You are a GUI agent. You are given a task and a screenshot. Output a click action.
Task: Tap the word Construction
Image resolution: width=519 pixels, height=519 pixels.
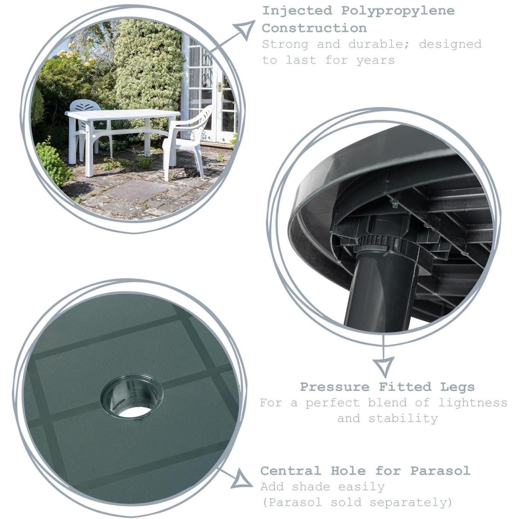pos(314,28)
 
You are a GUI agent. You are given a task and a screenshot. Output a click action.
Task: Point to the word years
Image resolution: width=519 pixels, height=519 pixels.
pos(376,60)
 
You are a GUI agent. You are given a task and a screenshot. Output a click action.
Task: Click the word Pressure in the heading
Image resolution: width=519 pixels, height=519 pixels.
pos(334,387)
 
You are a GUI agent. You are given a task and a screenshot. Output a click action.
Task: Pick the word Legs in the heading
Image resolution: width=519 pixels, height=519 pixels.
pos(457,387)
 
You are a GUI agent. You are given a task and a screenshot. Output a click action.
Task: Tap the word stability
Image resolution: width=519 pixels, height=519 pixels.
pos(403,419)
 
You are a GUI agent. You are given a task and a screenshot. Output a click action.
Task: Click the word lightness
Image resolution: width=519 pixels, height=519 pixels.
pos(473,403)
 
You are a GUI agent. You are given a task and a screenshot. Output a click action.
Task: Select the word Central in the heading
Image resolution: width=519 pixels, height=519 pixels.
pos(291,471)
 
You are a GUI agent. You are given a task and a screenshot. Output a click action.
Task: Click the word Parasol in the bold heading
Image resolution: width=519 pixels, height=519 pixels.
pos(440,471)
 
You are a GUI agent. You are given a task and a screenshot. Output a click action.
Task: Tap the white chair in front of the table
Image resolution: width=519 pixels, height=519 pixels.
pos(189,142)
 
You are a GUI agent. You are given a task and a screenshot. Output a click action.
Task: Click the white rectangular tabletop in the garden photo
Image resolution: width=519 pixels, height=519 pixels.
pos(122,115)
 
